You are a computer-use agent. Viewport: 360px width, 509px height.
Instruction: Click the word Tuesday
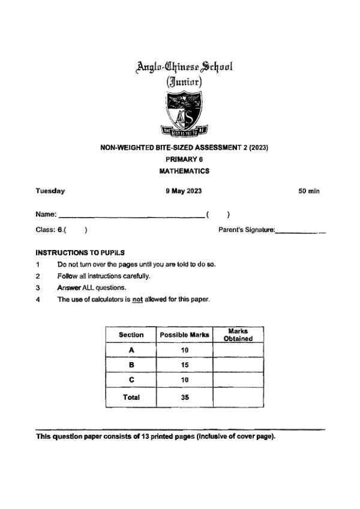pyautogui.click(x=50, y=191)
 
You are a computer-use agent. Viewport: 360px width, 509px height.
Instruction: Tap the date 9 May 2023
pyautogui.click(x=184, y=191)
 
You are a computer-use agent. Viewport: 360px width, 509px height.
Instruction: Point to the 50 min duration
pyautogui.click(x=309, y=191)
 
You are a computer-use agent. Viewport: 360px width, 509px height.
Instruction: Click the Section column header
pyautogui.click(x=131, y=335)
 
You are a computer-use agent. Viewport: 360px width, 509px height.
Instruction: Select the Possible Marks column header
pyautogui.click(x=184, y=335)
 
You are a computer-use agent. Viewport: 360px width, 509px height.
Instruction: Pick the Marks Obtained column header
pyautogui.click(x=238, y=335)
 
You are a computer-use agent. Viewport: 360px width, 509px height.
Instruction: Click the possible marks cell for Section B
pyautogui.click(x=184, y=365)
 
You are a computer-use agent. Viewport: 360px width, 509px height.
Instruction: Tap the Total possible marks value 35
pyautogui.click(x=184, y=397)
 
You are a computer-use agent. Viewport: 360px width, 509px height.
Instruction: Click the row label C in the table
pyautogui.click(x=131, y=380)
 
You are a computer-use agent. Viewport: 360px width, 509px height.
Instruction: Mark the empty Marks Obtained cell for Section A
pyautogui.click(x=238, y=350)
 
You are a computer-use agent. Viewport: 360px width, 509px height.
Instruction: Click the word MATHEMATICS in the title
pyautogui.click(x=184, y=171)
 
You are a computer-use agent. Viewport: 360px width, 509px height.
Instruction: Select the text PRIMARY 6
pyautogui.click(x=184, y=159)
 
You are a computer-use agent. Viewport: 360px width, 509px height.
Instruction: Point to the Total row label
pyautogui.click(x=131, y=397)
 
